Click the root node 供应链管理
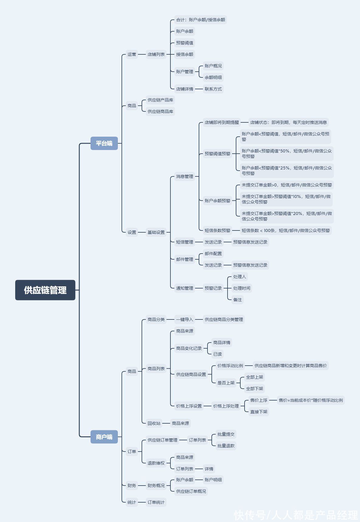(45, 290)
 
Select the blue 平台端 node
(104, 143)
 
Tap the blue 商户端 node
(104, 437)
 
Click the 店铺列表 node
(156, 54)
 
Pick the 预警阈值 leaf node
(185, 43)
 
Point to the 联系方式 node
(213, 89)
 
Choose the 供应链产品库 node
(160, 100)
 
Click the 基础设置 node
(156, 232)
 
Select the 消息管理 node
(185, 176)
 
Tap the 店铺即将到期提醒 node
(222, 122)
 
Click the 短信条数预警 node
(218, 230)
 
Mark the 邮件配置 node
(213, 254)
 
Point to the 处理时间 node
(242, 288)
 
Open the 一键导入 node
(185, 319)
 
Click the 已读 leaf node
(218, 354)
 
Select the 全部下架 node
(255, 389)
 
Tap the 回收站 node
(154, 423)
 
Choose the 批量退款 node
(226, 446)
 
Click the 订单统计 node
(156, 502)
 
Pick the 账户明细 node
(213, 480)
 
